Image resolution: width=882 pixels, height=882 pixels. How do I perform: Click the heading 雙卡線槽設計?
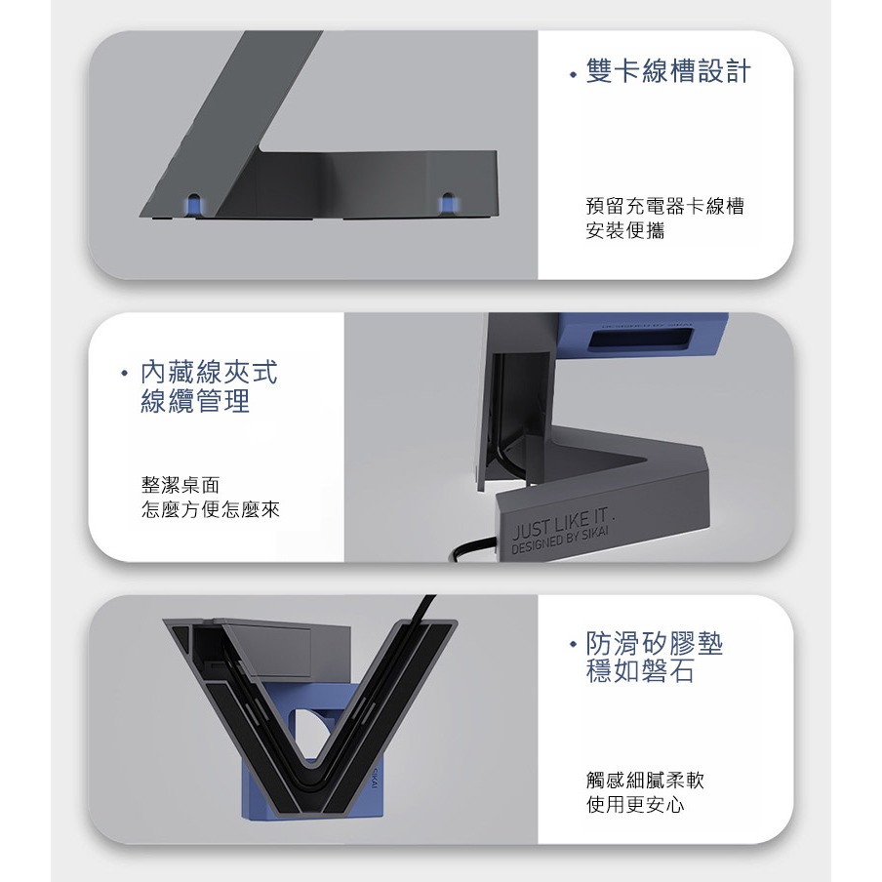[x=668, y=71]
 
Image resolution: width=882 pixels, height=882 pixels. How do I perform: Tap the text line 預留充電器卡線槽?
[x=664, y=206]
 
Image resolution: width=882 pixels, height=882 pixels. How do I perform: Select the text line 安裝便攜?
[x=625, y=230]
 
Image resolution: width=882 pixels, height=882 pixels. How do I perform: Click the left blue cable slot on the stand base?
[x=193, y=204]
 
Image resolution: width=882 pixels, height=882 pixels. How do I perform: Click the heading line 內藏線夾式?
[x=209, y=373]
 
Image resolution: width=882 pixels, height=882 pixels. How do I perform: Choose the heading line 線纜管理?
[x=195, y=401]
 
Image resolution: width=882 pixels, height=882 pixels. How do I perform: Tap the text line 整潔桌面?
[x=180, y=485]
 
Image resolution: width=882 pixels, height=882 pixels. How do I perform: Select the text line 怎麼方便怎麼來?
[x=211, y=509]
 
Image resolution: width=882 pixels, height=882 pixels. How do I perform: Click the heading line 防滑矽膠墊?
[x=655, y=643]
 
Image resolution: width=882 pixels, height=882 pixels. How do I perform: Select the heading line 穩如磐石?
[x=640, y=671]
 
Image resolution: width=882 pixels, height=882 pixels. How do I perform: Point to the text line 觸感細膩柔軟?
[x=645, y=780]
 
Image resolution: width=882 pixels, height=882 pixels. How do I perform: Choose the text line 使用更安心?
[x=635, y=804]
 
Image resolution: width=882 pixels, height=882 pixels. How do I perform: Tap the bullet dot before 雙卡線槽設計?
[x=573, y=74]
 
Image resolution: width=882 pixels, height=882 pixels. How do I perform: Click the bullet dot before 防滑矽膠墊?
[x=573, y=645]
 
